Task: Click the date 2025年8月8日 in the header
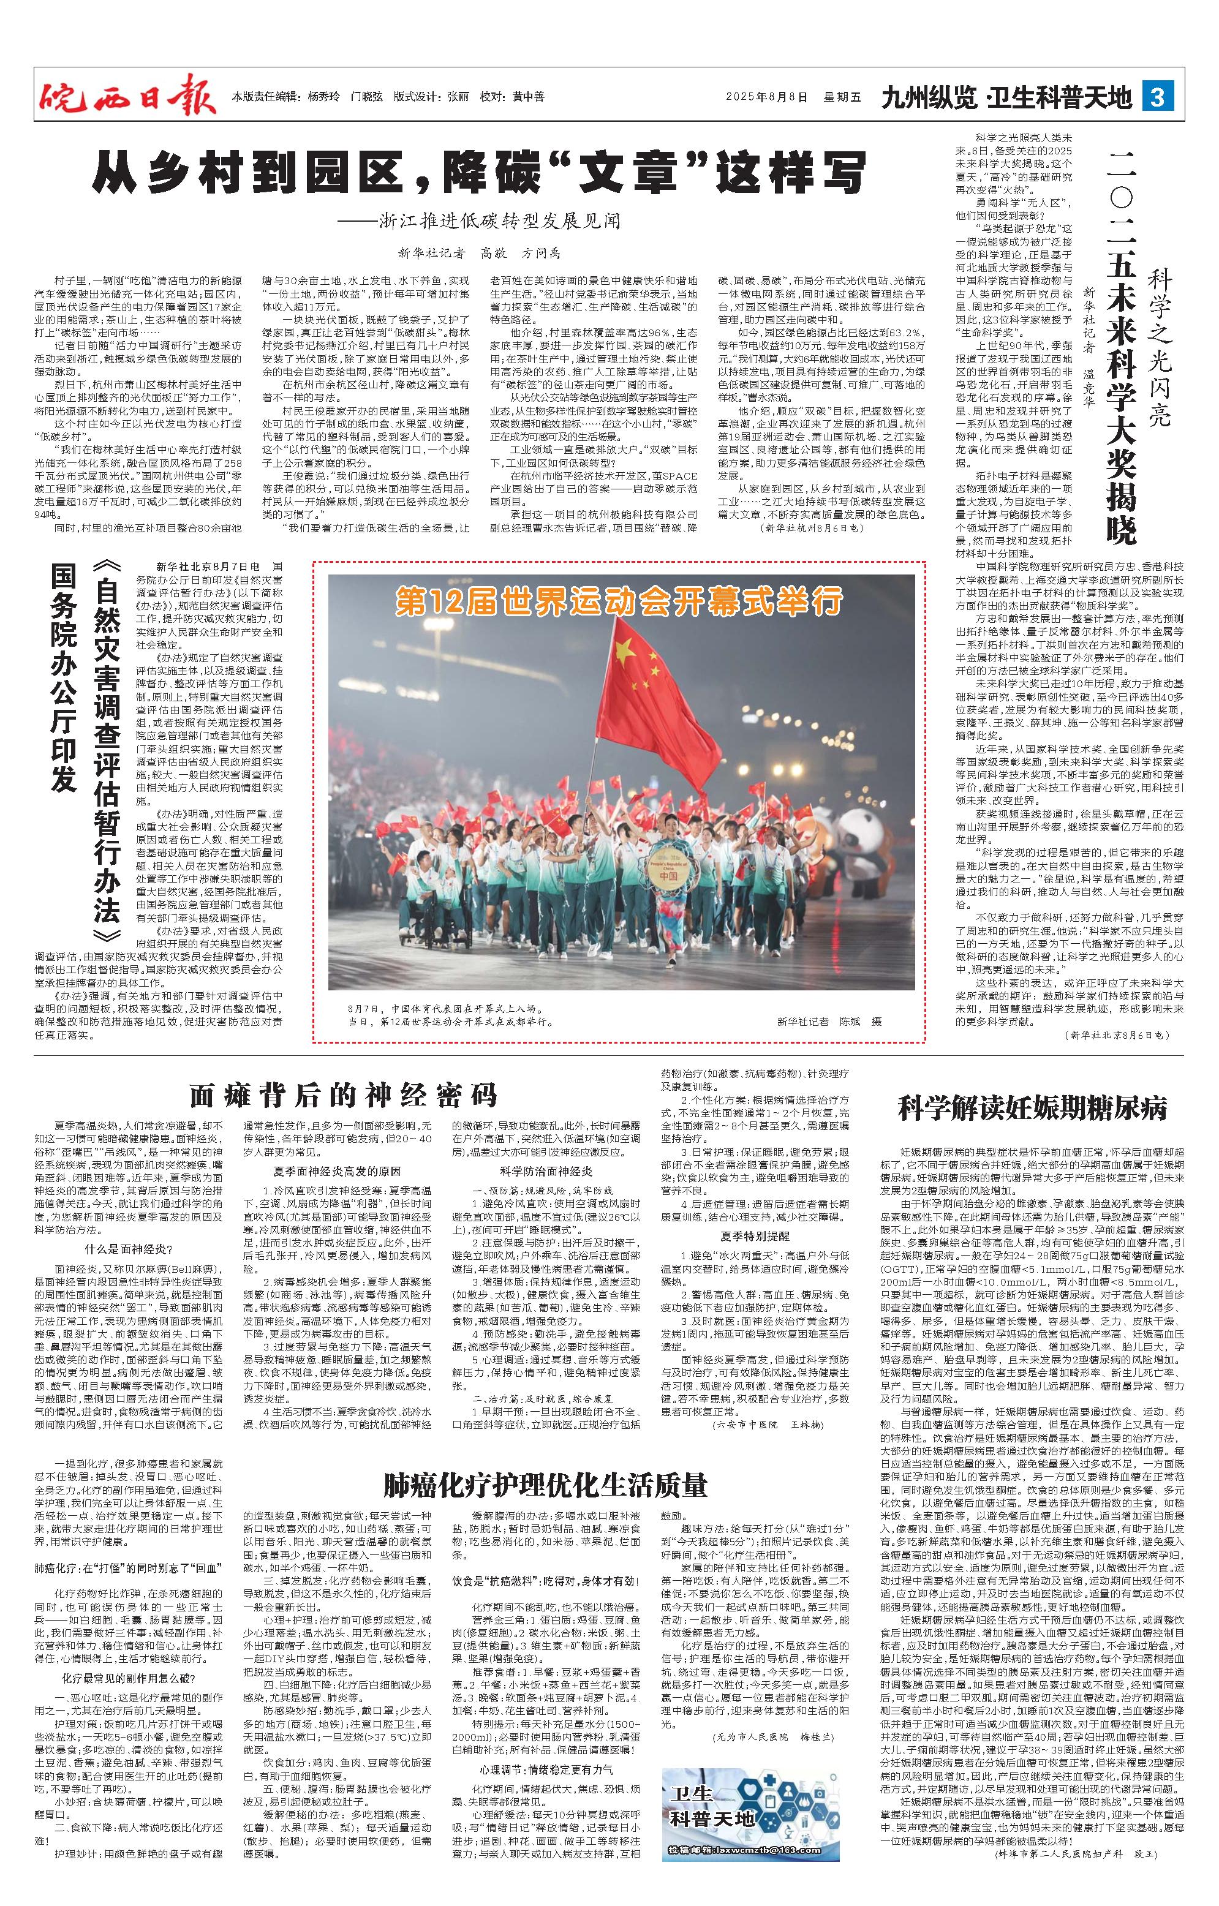(767, 97)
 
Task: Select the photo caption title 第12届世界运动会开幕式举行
(619, 601)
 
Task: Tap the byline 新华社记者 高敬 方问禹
(479, 254)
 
